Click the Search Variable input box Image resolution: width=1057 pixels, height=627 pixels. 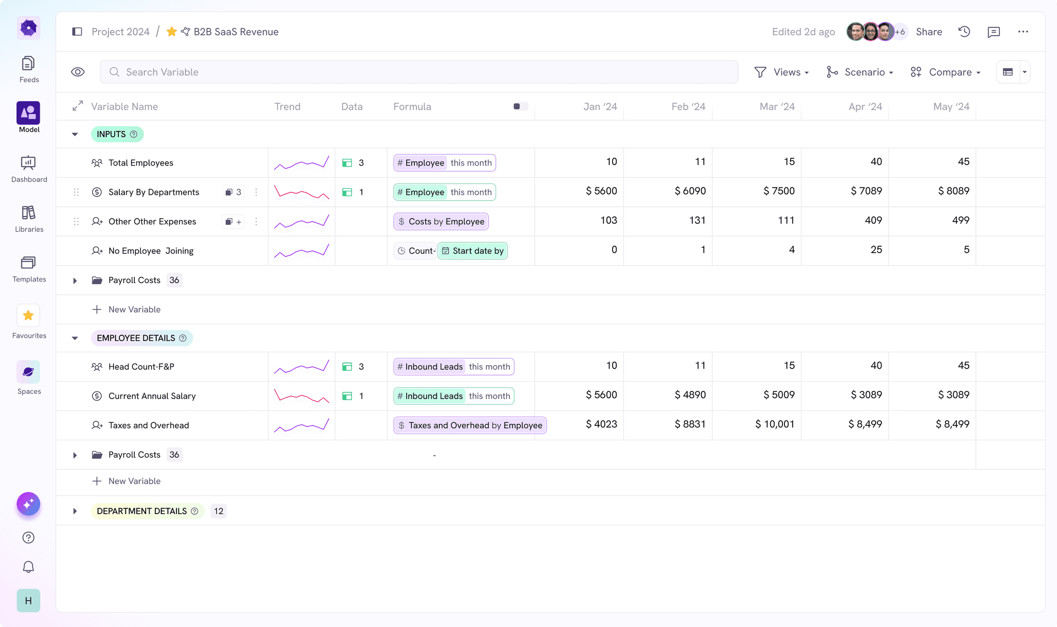pos(418,72)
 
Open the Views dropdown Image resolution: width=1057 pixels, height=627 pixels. pos(781,72)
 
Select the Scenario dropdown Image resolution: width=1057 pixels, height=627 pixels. pos(859,72)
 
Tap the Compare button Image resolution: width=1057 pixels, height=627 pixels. pos(946,72)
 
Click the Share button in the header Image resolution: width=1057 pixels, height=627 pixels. pos(928,32)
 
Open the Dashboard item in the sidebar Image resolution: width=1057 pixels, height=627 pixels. pos(29,169)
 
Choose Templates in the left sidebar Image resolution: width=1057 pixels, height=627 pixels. pos(29,269)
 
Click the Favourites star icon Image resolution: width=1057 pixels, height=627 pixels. pos(28,316)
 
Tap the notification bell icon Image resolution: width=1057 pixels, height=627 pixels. pos(28,567)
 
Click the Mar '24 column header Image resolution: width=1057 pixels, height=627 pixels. pos(777,107)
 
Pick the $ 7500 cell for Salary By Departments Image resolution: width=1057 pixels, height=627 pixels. pos(779,191)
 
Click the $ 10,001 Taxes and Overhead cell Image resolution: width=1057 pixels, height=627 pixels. pos(774,424)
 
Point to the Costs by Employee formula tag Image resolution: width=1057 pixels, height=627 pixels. pos(441,222)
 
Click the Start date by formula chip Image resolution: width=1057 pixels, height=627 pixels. pos(473,251)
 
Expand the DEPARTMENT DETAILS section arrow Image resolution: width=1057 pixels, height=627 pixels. pos(75,511)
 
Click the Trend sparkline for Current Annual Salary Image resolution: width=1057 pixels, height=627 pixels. pos(301,396)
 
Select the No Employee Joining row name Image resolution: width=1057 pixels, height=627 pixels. pos(151,251)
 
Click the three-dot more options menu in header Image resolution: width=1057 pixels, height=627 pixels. pos(1023,32)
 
